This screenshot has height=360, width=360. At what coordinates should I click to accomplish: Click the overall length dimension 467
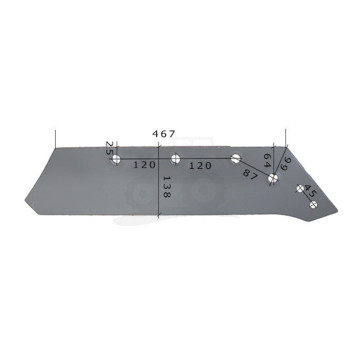(164, 133)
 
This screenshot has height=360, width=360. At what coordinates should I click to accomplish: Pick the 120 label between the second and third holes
(204, 163)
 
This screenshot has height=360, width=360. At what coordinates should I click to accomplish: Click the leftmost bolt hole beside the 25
(117, 159)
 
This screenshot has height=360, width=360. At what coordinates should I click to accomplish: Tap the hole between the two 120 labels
(175, 158)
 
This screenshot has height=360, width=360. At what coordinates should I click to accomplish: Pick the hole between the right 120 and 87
(235, 158)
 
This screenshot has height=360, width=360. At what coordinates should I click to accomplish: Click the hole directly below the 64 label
(272, 180)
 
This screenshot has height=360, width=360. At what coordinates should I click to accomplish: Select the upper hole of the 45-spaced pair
(300, 187)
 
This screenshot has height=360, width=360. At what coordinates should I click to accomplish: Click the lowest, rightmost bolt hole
(314, 205)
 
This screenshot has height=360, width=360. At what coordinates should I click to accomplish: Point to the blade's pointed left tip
(37, 211)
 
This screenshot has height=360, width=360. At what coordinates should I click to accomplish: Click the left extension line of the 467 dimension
(57, 140)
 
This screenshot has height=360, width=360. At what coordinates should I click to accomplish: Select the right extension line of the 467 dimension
(287, 140)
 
